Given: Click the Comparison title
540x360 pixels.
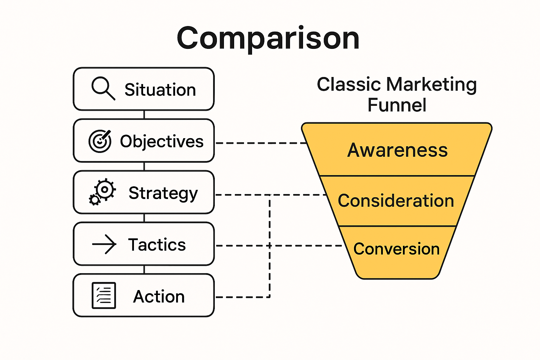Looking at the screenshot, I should pyautogui.click(x=268, y=38).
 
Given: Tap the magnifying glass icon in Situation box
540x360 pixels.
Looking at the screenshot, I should pyautogui.click(x=103, y=88).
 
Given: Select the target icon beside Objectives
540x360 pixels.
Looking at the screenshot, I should pyautogui.click(x=100, y=141).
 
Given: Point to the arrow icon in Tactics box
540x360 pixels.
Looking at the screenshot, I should pyautogui.click(x=104, y=244).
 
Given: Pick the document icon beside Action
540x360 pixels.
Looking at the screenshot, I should pyautogui.click(x=104, y=295).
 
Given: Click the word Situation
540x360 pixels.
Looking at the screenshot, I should pyautogui.click(x=160, y=90).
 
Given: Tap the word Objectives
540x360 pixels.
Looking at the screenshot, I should pyautogui.click(x=162, y=142).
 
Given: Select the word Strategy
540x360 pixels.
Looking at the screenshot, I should pyautogui.click(x=163, y=193).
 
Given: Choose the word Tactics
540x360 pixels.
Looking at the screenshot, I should pyautogui.click(x=157, y=245).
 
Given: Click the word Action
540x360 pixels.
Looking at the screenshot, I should pyautogui.click(x=159, y=296).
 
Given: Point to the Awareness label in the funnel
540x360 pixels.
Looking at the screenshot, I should pyautogui.click(x=397, y=150).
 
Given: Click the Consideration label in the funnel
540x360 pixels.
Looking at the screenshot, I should pyautogui.click(x=396, y=201).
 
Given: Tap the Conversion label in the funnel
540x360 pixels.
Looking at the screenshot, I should pyautogui.click(x=396, y=249).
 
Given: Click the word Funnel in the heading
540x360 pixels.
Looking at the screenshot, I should pyautogui.click(x=397, y=105).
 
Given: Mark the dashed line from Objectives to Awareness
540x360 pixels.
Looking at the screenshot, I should pyautogui.click(x=260, y=143).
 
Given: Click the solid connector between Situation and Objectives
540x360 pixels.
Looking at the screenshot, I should pyautogui.click(x=144, y=115).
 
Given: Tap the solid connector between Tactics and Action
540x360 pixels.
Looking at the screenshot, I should pyautogui.click(x=144, y=270).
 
